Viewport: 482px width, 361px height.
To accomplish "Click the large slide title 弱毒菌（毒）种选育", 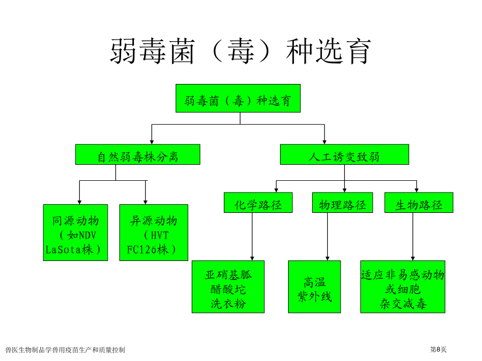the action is coord(240,51).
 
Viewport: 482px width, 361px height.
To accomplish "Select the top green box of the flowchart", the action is coord(238,98).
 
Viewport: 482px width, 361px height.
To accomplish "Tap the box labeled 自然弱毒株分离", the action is coord(138,155).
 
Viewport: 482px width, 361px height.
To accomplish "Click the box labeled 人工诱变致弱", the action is coord(344,155).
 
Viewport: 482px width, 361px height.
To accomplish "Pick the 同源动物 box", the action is coord(76,233).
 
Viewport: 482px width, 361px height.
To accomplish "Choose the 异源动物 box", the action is coord(154,233).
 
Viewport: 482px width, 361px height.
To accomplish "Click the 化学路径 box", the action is coord(258,203).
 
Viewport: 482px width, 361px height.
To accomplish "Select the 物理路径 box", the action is coord(342,203).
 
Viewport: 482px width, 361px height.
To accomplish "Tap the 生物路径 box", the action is coord(419,203).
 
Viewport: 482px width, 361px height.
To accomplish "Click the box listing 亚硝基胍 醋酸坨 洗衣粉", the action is coord(228,287).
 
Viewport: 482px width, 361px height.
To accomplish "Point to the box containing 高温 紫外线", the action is coord(314,287).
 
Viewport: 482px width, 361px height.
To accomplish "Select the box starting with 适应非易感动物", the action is coord(403,287).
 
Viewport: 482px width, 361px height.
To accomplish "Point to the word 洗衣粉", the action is coord(228,304).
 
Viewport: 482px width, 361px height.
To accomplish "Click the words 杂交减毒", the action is coord(403,304).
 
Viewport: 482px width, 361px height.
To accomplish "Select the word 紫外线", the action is coord(314,296).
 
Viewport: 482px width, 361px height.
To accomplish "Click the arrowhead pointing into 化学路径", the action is coord(276,190).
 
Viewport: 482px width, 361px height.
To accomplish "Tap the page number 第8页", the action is coord(438,349).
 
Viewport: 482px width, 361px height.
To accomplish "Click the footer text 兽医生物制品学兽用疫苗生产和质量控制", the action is coord(65,350).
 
